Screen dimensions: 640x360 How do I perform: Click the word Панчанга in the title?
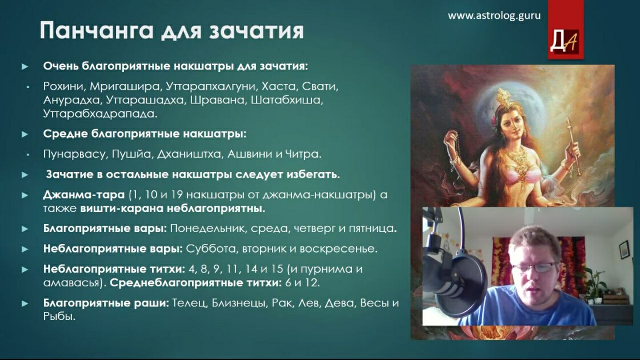(x=97, y=30)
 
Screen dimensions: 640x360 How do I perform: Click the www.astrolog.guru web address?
(x=494, y=15)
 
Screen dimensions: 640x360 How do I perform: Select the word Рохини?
(x=63, y=86)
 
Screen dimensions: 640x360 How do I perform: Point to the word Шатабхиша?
(x=286, y=100)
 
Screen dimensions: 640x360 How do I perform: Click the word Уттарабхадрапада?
(x=100, y=114)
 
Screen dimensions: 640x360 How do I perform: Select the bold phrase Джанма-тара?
(x=83, y=195)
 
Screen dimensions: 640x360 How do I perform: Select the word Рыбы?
(x=59, y=317)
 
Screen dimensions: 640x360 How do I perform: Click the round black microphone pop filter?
(x=465, y=278)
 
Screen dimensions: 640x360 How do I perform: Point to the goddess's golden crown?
(x=503, y=98)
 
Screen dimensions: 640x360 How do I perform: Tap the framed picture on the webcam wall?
(x=624, y=249)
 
